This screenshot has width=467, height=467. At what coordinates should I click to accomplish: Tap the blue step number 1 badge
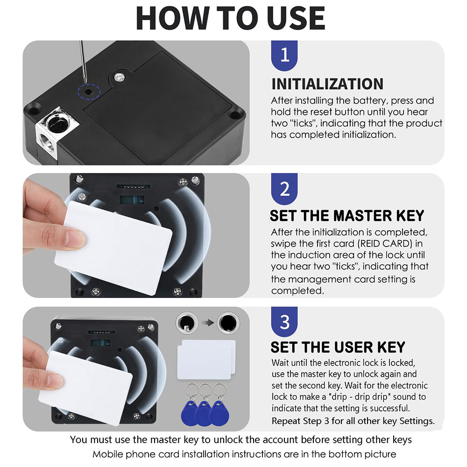(284, 56)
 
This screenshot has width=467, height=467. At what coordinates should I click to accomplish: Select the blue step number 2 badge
(284, 189)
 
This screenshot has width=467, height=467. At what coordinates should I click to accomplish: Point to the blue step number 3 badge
(284, 322)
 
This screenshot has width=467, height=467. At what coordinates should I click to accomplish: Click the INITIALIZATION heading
(327, 84)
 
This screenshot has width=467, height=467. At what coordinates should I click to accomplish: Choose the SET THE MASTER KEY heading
(347, 216)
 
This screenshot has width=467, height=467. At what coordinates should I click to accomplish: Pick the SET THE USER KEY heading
(338, 347)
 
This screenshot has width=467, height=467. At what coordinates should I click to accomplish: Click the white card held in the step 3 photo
(89, 383)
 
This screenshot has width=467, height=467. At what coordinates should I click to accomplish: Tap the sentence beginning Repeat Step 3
(353, 421)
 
